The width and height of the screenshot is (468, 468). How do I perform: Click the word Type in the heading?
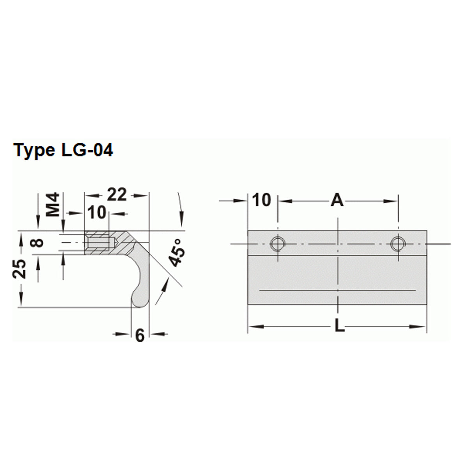pos(34,150)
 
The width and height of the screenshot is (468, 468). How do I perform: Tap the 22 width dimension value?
pos(117,195)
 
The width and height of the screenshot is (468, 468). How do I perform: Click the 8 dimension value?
pos(38,243)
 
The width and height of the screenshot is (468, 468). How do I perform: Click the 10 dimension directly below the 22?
pos(96,213)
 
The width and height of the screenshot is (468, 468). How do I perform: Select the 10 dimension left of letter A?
pos(262,200)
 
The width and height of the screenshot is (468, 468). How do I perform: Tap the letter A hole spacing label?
pos(337,200)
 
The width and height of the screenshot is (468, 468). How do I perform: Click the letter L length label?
pos(340,326)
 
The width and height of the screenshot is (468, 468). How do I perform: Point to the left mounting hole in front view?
pos(278,244)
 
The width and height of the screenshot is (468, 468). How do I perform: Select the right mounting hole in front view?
pos(398,244)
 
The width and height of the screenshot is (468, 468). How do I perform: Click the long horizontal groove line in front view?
pos(337,291)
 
